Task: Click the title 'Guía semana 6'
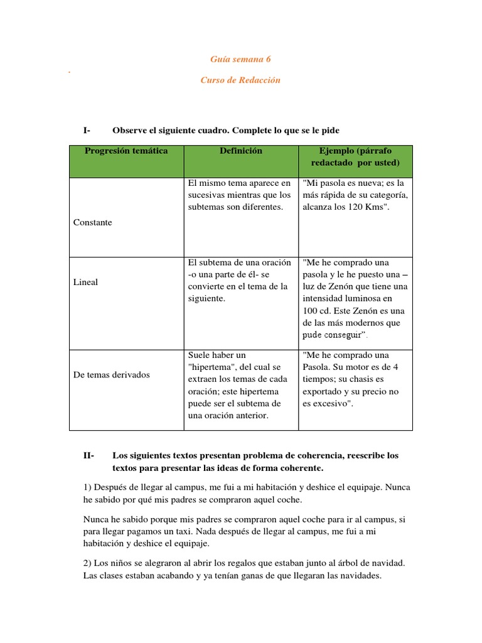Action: (240, 60)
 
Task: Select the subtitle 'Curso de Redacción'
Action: (240, 80)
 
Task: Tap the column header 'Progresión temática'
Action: (126, 151)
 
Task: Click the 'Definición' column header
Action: (241, 151)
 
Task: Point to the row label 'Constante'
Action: (92, 222)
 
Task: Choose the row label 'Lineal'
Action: (86, 282)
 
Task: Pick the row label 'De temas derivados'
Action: (112, 374)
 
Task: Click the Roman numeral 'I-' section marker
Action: (87, 130)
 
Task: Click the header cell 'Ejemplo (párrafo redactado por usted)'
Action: (355, 157)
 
